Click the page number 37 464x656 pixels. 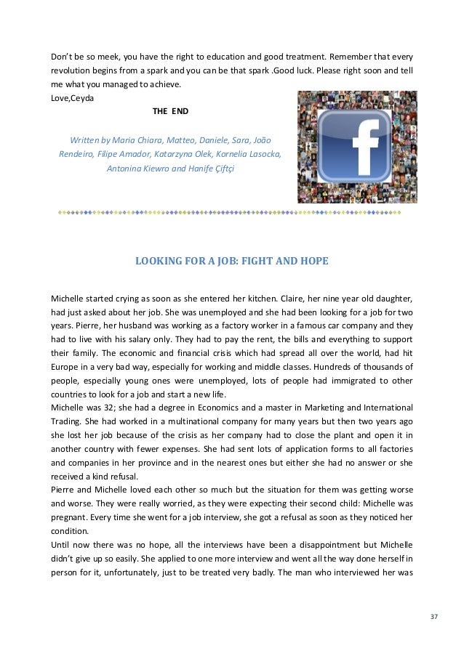coord(434,618)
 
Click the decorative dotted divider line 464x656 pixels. coord(232,212)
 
